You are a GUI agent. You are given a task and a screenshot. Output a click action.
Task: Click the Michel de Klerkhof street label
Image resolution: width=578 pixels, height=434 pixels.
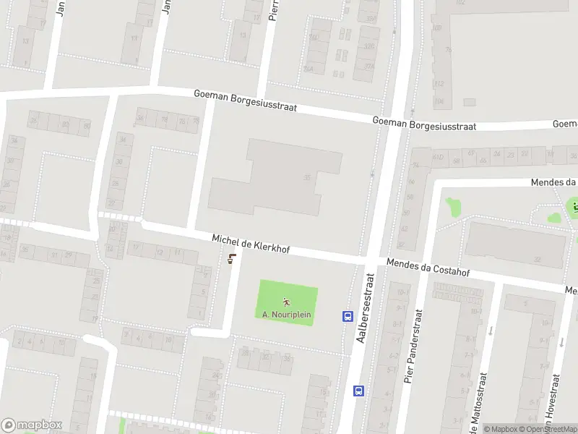[x=251, y=244]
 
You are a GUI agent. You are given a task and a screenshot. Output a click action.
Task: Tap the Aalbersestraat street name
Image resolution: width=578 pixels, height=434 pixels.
[x=365, y=307]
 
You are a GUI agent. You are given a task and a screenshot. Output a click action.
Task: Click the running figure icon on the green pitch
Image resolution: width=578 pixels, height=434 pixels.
[x=287, y=302]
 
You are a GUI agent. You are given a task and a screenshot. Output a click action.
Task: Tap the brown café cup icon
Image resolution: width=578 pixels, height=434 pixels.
[x=231, y=260]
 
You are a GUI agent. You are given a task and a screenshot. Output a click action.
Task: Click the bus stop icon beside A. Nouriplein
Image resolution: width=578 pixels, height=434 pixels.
[x=347, y=316]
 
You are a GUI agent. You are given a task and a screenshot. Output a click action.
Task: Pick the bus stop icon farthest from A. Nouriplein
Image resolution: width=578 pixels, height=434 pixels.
[x=358, y=391]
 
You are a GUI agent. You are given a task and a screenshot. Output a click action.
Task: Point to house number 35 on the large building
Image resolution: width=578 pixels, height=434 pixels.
[x=308, y=177]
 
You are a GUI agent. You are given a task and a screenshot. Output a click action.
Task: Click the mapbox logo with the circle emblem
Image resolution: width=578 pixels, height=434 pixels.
[x=32, y=425]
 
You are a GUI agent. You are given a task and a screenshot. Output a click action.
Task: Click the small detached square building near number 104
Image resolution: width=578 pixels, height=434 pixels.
[x=470, y=103]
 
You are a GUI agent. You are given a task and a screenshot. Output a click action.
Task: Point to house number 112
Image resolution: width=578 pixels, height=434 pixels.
[x=438, y=84]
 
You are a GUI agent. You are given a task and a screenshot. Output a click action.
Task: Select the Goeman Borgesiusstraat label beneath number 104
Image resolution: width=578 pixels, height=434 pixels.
[x=424, y=124]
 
